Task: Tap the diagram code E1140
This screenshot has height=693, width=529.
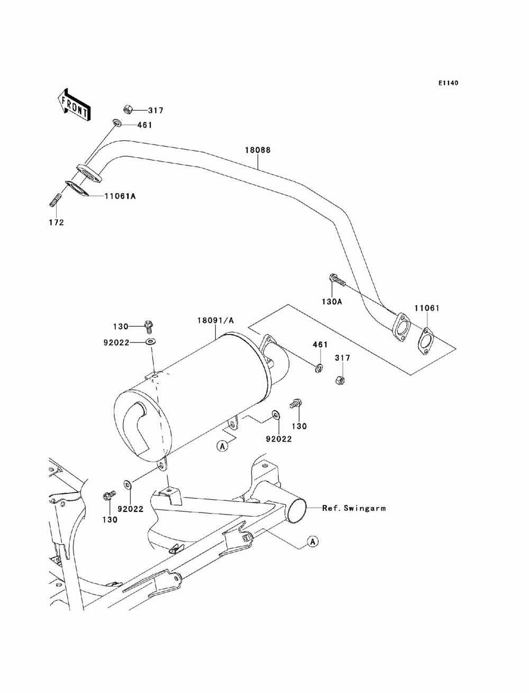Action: (448, 83)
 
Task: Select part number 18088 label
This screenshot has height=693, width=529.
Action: (258, 150)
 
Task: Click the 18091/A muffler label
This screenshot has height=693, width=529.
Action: (215, 320)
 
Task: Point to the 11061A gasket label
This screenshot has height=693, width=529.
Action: (120, 196)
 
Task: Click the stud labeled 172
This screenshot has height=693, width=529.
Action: (55, 200)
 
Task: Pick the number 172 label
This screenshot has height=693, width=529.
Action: (57, 222)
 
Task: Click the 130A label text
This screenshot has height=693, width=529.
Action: (332, 302)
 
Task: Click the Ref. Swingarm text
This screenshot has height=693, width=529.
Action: (353, 508)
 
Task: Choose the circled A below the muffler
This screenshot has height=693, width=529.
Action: (222, 446)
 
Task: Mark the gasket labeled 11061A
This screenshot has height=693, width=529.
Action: (77, 188)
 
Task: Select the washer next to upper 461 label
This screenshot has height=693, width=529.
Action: (116, 123)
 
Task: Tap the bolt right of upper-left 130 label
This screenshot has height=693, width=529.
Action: (149, 326)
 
